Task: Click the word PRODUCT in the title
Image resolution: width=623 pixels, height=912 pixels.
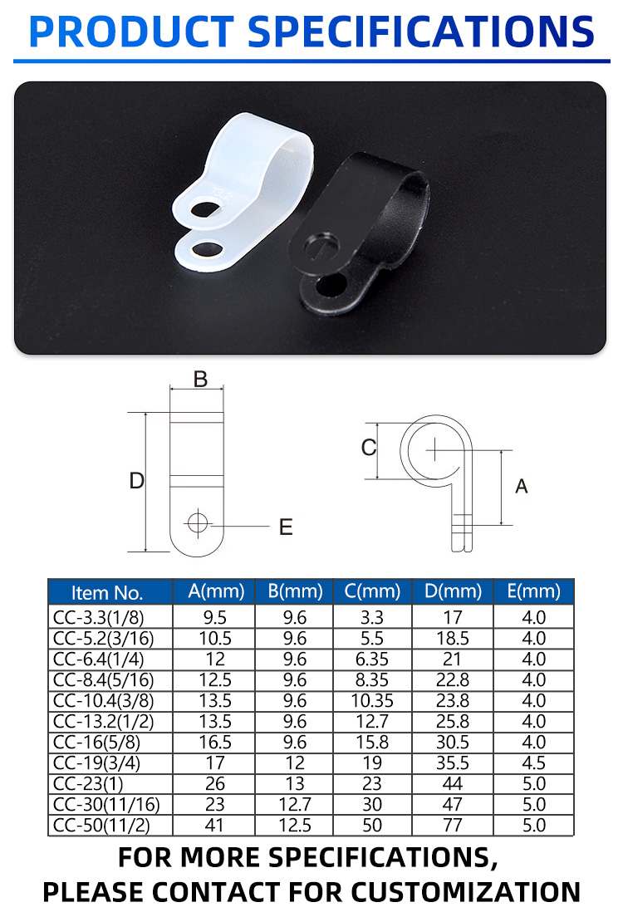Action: pyautogui.click(x=131, y=32)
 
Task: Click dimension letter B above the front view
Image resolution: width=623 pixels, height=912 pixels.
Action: pyautogui.click(x=200, y=380)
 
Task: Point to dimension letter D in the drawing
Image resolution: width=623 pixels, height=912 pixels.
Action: pyautogui.click(x=137, y=481)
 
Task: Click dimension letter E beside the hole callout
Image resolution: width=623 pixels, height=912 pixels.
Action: pyautogui.click(x=286, y=527)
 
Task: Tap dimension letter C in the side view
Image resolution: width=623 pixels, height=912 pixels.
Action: pyautogui.click(x=368, y=447)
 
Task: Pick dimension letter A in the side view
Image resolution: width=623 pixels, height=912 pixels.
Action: pyautogui.click(x=521, y=486)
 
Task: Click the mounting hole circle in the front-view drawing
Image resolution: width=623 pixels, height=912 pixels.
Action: pyautogui.click(x=198, y=523)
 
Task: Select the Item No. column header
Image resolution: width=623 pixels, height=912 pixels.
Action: pyautogui.click(x=107, y=593)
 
